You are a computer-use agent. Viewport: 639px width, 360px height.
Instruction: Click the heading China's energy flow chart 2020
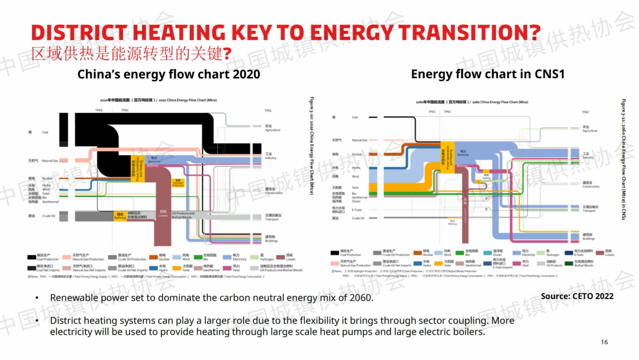(x=169, y=74)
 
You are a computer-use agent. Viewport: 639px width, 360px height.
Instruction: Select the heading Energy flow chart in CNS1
(x=488, y=74)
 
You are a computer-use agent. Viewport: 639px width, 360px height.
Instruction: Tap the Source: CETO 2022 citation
(x=577, y=296)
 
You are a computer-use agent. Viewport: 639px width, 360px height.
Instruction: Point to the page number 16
(x=604, y=342)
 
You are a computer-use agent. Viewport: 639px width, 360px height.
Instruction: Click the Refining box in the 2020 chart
(x=120, y=217)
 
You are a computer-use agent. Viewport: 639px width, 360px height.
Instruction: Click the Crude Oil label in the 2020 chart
(x=49, y=216)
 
